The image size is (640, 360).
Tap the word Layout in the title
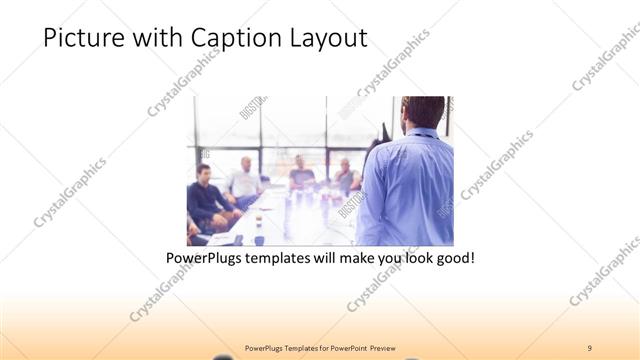tap(329, 39)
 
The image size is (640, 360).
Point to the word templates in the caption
tap(281, 258)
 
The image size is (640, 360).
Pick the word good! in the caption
tap(453, 258)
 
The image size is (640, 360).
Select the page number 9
tap(590, 347)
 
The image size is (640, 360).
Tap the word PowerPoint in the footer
tap(345, 347)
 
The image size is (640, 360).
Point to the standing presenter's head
tap(424, 112)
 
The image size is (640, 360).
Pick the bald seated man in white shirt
tap(244, 181)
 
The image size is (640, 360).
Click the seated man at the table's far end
tap(300, 173)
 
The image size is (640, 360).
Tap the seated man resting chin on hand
tap(345, 176)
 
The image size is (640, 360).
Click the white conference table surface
tap(290, 220)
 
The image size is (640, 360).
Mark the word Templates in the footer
tap(289, 347)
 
